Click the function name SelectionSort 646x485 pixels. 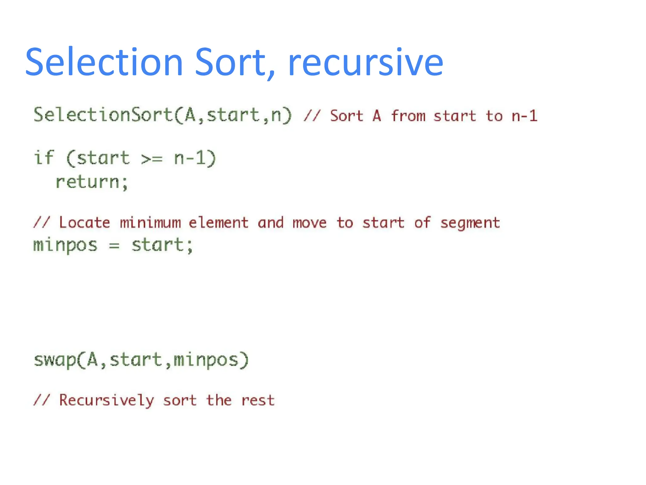click(x=103, y=115)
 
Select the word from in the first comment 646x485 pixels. click(x=408, y=116)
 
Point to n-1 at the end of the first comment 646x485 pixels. click(x=524, y=116)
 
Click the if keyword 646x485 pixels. click(x=44, y=158)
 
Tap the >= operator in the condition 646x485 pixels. click(x=152, y=158)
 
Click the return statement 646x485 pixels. click(x=91, y=182)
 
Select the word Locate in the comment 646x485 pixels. click(x=85, y=223)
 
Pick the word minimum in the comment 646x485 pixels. click(x=150, y=223)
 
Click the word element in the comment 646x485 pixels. click(x=219, y=223)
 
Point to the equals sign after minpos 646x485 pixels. click(x=114, y=246)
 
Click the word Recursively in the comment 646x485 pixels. click(x=107, y=400)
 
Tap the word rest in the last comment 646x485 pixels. click(x=258, y=400)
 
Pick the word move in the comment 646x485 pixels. click(x=309, y=223)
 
